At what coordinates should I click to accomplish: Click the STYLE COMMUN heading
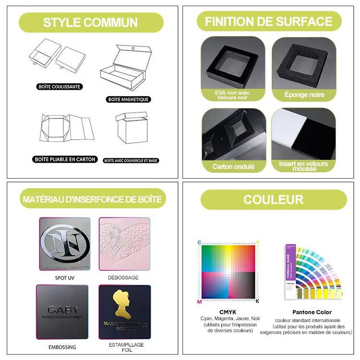90,23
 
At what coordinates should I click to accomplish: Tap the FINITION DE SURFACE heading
269,22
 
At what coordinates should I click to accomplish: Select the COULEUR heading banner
273,199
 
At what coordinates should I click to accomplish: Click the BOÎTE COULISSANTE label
60,87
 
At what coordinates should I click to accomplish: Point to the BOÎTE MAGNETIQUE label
129,99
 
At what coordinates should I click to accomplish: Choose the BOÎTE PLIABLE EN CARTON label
65,159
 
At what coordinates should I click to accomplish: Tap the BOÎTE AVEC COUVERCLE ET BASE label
132,160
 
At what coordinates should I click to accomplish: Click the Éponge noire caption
304,95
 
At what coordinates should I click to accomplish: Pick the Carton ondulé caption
233,167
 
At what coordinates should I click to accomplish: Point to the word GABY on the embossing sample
62,310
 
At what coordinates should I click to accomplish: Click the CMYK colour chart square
228,272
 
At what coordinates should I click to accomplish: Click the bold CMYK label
228,312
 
